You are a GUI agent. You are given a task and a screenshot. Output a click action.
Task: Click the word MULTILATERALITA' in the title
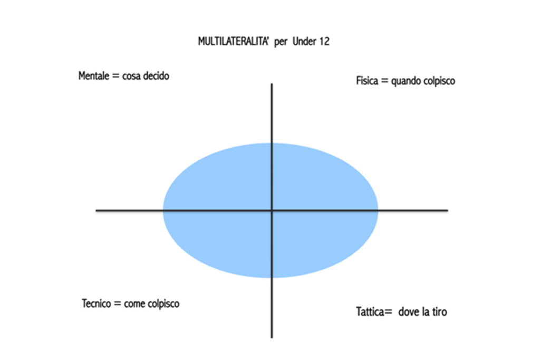click(234, 42)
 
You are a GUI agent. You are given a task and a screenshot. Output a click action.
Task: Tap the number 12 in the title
click(324, 42)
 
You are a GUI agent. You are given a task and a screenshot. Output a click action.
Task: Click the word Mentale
click(94, 76)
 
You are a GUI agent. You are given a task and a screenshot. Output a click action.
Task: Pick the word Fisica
click(367, 82)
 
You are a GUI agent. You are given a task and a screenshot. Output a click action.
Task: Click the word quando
click(405, 82)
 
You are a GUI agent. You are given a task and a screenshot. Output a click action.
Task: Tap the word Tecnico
click(98, 304)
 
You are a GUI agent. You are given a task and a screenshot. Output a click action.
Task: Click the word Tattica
click(370, 312)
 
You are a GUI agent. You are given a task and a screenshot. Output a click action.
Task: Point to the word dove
click(408, 312)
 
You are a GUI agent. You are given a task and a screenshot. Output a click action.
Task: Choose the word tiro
click(438, 312)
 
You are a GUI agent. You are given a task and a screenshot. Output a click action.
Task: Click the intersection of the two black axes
click(272, 211)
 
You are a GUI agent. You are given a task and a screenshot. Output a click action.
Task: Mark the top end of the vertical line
click(272, 84)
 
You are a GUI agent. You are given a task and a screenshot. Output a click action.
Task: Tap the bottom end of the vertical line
click(272, 337)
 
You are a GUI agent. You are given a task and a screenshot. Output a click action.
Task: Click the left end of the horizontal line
click(97, 211)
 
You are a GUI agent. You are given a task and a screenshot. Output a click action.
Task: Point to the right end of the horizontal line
click(447, 211)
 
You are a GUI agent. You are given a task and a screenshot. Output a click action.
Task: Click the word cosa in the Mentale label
click(131, 76)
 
